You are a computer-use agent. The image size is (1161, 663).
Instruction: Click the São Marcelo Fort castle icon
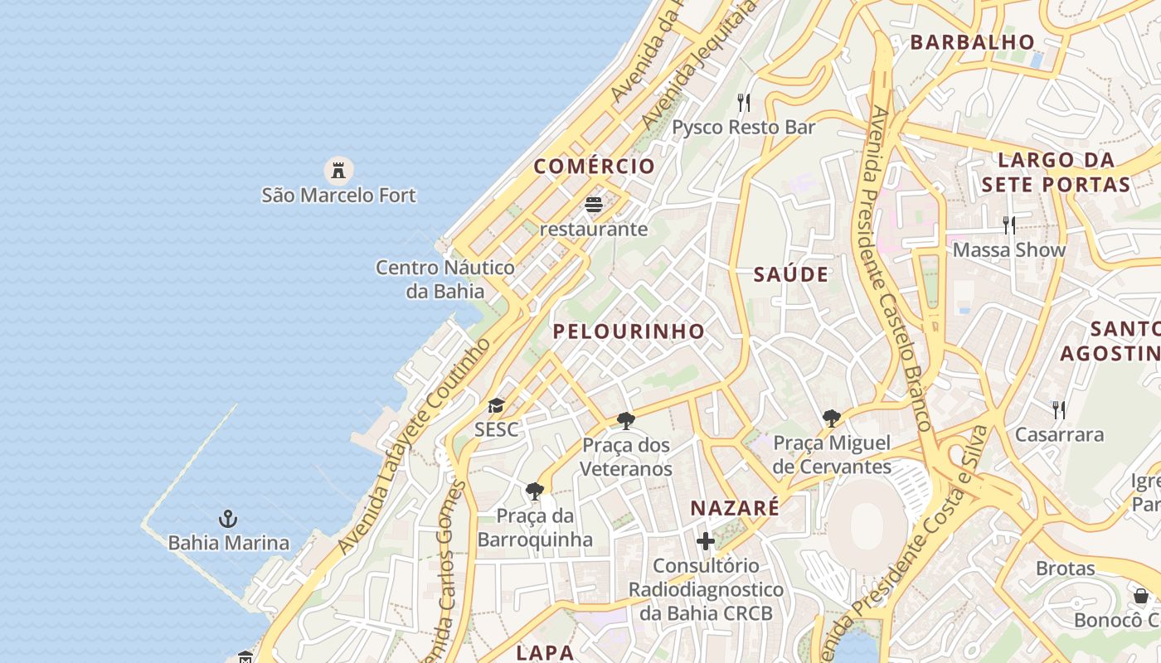(338, 171)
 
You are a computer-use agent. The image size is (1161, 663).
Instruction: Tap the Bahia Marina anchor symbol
(228, 520)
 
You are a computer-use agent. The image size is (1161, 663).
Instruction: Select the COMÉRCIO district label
(594, 167)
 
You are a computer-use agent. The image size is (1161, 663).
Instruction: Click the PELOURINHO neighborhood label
(629, 331)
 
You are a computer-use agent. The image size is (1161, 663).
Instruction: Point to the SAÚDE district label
(790, 275)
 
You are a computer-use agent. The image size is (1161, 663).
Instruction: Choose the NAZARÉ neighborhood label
(735, 508)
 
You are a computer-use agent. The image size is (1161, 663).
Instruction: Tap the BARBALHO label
(973, 42)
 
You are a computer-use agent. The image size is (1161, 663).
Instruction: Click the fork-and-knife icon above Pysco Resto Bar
(744, 103)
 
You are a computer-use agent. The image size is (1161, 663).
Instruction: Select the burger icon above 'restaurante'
(593, 204)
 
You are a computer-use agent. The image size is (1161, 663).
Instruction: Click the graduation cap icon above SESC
(496, 405)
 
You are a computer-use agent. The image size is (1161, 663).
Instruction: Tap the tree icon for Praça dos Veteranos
(626, 421)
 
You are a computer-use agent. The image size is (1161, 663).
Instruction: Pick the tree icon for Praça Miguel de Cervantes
(831, 419)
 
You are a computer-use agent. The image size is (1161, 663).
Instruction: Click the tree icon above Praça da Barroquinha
(535, 491)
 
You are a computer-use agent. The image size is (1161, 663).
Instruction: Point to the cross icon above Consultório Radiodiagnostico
(705, 542)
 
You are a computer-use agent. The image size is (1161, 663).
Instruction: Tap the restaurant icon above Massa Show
(1008, 225)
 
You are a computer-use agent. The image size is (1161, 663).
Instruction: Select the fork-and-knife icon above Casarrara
(1059, 409)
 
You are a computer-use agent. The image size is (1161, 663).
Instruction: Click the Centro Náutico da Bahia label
(445, 279)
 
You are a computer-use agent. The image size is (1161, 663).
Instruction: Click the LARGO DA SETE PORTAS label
(1056, 172)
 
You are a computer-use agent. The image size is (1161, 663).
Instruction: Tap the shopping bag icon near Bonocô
(1141, 596)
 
